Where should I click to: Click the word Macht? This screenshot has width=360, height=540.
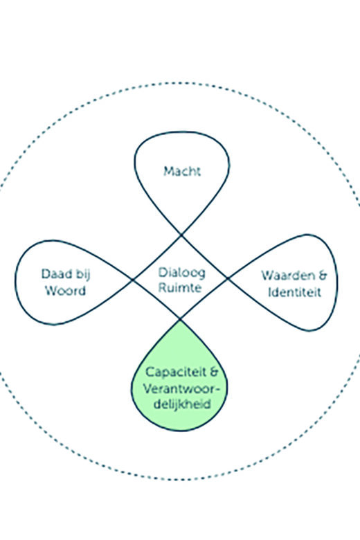point(182,171)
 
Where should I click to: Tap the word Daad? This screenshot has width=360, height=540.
point(57,273)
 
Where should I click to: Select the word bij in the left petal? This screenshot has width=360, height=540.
point(82,275)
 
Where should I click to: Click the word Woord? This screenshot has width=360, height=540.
point(65,291)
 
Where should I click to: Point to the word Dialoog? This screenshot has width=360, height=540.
point(181,273)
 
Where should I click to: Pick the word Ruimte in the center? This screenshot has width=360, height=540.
point(179,287)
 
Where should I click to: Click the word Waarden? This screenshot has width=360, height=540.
point(288,276)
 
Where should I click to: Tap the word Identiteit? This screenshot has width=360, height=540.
point(294,292)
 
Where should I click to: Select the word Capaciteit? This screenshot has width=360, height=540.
point(175,372)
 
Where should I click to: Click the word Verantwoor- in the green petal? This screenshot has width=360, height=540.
point(181,389)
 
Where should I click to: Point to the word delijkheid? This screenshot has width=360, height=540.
point(182,404)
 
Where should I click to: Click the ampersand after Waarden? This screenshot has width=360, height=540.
point(322,276)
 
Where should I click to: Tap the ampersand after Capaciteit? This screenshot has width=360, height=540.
point(214,372)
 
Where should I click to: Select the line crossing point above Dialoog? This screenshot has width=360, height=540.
point(181,235)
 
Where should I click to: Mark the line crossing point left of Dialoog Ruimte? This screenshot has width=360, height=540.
point(133,280)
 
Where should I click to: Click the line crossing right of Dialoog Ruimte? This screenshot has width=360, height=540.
point(227,278)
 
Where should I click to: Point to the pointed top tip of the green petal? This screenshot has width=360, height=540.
point(179,320)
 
